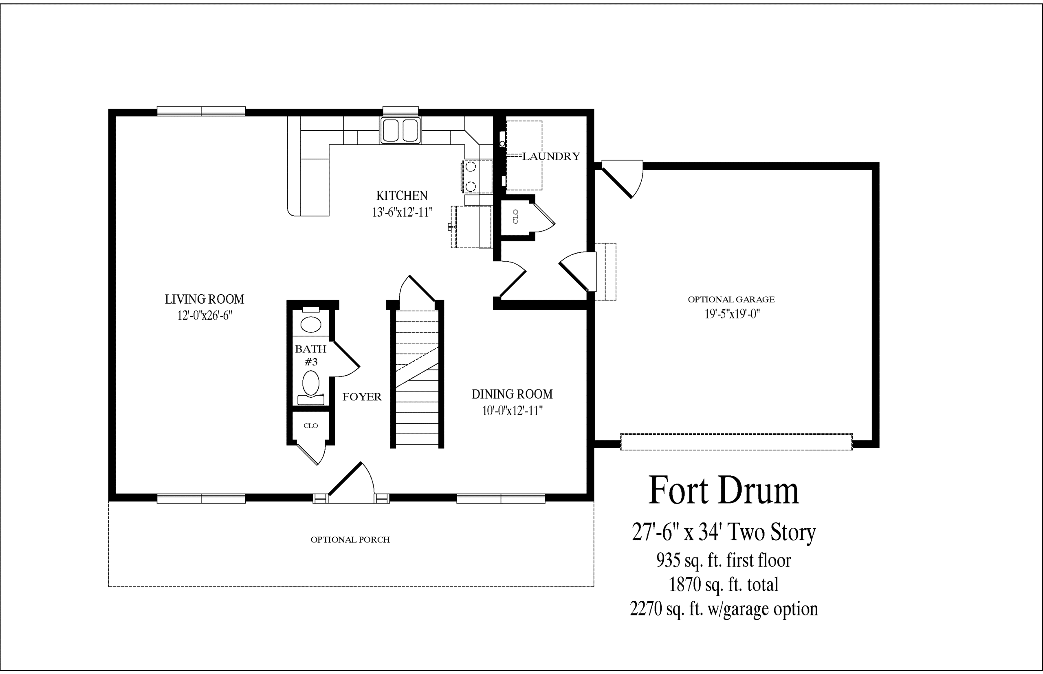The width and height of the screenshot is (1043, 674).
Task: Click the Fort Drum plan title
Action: tap(724, 490)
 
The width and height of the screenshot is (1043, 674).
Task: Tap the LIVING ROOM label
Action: tap(205, 300)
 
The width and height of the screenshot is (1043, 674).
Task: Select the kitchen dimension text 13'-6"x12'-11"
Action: tap(402, 212)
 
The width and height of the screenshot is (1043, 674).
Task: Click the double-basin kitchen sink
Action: tap(400, 130)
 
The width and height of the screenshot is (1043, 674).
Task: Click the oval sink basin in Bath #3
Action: tap(310, 325)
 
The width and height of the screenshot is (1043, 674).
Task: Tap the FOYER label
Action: tap(362, 397)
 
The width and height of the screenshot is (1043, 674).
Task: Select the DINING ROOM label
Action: tap(512, 394)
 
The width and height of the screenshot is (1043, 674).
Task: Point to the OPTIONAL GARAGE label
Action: tap(731, 300)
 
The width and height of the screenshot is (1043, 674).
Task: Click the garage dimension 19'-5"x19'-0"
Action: tap(732, 314)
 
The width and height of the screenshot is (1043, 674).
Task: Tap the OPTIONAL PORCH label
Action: tap(350, 540)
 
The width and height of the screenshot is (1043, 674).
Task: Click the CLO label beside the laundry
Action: tap(515, 217)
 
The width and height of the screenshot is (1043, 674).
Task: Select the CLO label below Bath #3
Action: tap(310, 425)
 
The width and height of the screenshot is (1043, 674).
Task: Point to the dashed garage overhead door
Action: tap(736, 442)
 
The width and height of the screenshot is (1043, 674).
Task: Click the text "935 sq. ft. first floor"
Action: tap(724, 560)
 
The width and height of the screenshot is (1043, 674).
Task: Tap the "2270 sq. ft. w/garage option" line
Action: tap(724, 609)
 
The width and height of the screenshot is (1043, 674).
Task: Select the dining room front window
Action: tap(501, 499)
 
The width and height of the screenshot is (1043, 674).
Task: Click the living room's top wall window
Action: tap(201, 111)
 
